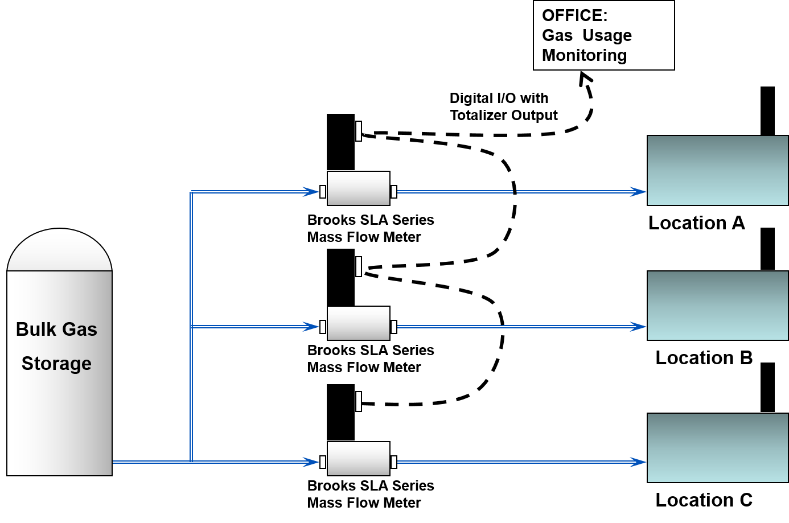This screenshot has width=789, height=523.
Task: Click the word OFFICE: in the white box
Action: click(x=574, y=15)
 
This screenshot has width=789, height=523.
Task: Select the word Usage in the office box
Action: click(x=607, y=35)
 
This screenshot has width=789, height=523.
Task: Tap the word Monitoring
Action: click(x=584, y=55)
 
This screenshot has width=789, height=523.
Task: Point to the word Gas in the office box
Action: click(x=557, y=35)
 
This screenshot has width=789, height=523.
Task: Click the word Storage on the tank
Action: click(x=56, y=363)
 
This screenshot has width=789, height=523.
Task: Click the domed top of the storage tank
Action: click(x=59, y=250)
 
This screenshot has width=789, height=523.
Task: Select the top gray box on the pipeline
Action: click(x=359, y=188)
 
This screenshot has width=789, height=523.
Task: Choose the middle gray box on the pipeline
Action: click(x=359, y=323)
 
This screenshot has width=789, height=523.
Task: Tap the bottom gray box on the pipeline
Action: click(x=359, y=459)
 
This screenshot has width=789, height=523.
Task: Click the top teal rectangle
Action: click(x=717, y=170)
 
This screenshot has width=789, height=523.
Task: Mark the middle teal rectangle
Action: click(x=717, y=306)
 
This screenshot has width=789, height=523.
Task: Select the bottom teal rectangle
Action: click(x=717, y=448)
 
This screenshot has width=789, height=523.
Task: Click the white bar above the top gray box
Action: click(x=359, y=131)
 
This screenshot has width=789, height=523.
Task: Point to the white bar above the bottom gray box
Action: click(x=359, y=401)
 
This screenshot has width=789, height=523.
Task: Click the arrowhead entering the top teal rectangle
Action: click(x=639, y=192)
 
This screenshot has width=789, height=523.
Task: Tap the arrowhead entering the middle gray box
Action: click(x=311, y=327)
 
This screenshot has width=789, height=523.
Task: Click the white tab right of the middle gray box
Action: click(x=394, y=327)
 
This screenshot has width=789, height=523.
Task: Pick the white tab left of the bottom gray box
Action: click(x=323, y=462)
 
